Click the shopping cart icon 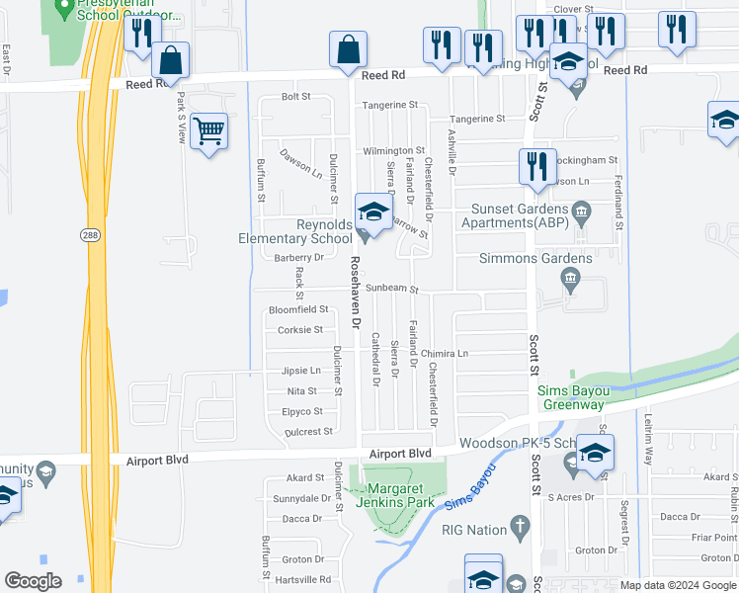209,130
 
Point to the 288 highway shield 88,234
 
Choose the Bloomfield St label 298,309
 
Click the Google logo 34,581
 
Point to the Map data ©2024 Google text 678,585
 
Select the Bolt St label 296,97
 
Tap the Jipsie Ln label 301,371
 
